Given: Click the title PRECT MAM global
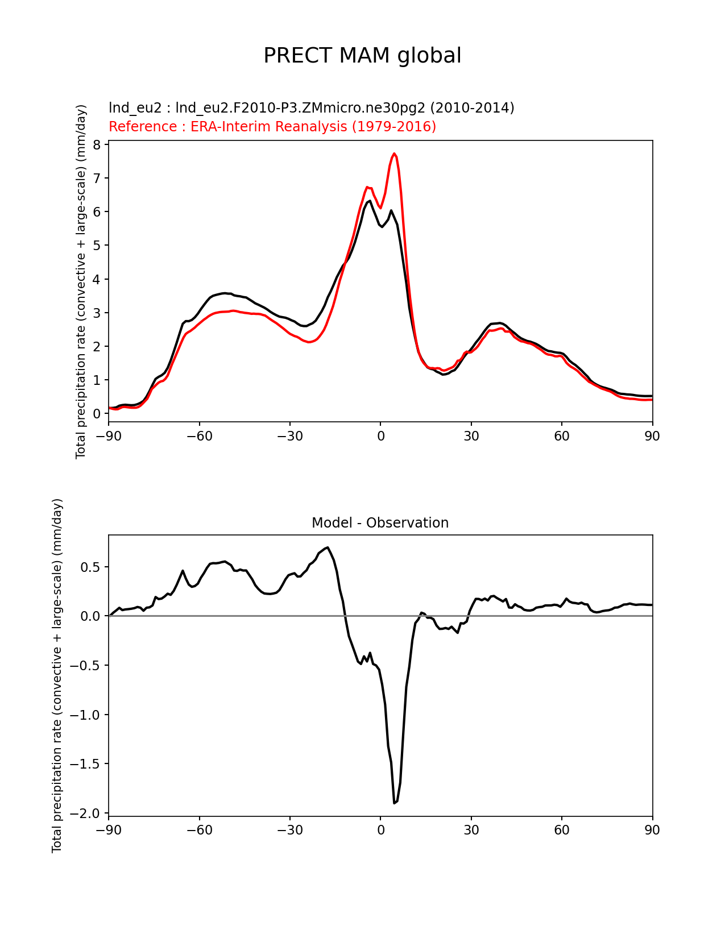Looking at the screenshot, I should coord(362,56).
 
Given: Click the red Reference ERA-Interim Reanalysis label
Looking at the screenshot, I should coord(272,126).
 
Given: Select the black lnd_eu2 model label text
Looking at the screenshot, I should coord(311,107).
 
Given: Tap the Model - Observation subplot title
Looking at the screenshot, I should coord(380,523).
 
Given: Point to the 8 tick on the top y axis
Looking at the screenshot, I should coord(97,144).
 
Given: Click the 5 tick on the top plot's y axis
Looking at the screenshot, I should coord(97,246).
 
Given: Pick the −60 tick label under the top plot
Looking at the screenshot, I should coord(199,436).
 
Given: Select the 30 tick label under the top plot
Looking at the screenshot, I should coord(471,436).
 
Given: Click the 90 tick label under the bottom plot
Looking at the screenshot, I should coord(652,830).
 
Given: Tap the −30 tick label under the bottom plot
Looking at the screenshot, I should coord(289,830).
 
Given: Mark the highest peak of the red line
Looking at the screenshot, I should coord(394,153).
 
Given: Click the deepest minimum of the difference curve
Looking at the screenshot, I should coord(394,803).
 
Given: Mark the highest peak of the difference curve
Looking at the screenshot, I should coord(328,547).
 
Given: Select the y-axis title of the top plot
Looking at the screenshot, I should coord(81,281).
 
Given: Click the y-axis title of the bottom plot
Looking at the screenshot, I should coord(57,675).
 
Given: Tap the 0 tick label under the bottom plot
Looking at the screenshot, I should coord(380,830).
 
